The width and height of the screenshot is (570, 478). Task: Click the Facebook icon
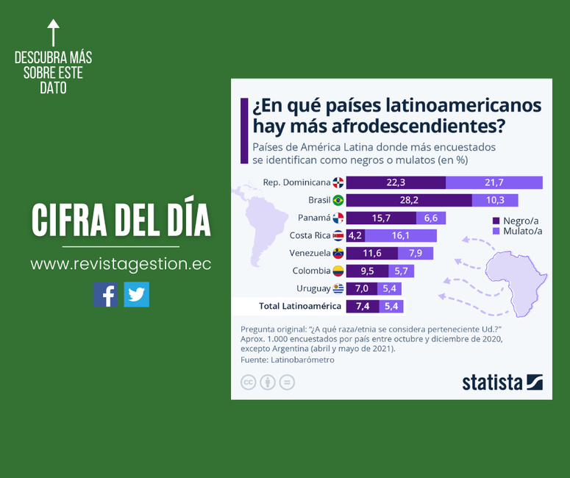pyautogui.click(x=105, y=294)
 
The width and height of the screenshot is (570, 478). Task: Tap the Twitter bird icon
pyautogui.click(x=136, y=294)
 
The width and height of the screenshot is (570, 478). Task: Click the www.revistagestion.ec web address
pyautogui.click(x=121, y=264)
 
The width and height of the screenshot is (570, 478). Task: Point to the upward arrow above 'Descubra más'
pyautogui.click(x=53, y=33)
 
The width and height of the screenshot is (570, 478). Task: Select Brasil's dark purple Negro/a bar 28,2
pyautogui.click(x=409, y=200)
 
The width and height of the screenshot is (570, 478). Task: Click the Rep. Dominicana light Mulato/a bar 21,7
pyautogui.click(x=494, y=183)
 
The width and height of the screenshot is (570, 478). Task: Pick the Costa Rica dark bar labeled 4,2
pyautogui.click(x=355, y=236)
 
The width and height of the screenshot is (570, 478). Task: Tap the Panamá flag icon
pyautogui.click(x=338, y=218)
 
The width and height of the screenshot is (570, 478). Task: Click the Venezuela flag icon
pyautogui.click(x=338, y=254)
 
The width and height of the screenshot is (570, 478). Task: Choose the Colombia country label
pyautogui.click(x=311, y=271)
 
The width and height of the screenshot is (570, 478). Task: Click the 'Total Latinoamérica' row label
pyautogui.click(x=299, y=306)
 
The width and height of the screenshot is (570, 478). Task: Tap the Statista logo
pyautogui.click(x=502, y=382)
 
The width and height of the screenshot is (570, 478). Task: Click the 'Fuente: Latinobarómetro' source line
pyautogui.click(x=288, y=360)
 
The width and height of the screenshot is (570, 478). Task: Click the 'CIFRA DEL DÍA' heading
pyautogui.click(x=121, y=219)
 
